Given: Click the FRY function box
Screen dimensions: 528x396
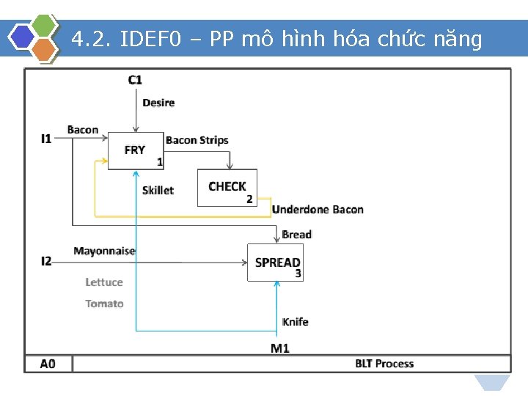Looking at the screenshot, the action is point(136,150).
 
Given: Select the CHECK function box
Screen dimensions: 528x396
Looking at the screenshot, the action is point(227,188).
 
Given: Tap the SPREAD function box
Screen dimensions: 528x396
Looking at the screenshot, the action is point(276,263).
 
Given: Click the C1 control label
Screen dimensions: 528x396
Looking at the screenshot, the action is point(135,79).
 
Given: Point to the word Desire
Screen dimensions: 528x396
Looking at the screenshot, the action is point(158,103).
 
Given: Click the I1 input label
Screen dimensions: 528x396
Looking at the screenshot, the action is point(46,138).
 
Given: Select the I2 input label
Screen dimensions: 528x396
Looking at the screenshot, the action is point(46,261).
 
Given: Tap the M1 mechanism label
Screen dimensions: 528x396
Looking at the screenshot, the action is point(279,348).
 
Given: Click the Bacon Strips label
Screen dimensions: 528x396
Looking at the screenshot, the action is point(197,140).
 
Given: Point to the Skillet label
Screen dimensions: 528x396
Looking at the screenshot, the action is point(158,191).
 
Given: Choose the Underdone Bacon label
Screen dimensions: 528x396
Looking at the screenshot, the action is point(317,210).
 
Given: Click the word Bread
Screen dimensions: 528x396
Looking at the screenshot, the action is point(296,235).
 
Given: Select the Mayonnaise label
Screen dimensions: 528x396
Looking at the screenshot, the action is point(104,251).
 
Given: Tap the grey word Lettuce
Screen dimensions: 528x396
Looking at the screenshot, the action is point(104,282).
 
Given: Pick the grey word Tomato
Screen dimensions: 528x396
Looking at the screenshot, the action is point(104,304).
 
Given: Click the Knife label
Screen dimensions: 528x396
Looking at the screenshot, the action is point(295,322).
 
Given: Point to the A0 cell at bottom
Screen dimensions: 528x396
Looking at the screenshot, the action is point(48,364).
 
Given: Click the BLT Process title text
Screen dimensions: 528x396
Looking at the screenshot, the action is point(384,364).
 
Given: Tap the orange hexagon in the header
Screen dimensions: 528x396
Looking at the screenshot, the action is point(45,50).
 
